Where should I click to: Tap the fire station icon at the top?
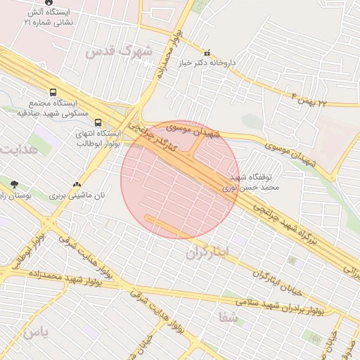click(x=48, y=3)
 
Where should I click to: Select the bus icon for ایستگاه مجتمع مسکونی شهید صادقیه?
click(x=53, y=92)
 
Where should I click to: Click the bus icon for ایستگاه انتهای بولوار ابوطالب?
click(x=97, y=120)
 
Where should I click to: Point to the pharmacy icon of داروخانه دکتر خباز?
click(x=206, y=53)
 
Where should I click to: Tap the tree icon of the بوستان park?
click(x=14, y=184)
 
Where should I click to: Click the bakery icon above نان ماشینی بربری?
click(x=77, y=184)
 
